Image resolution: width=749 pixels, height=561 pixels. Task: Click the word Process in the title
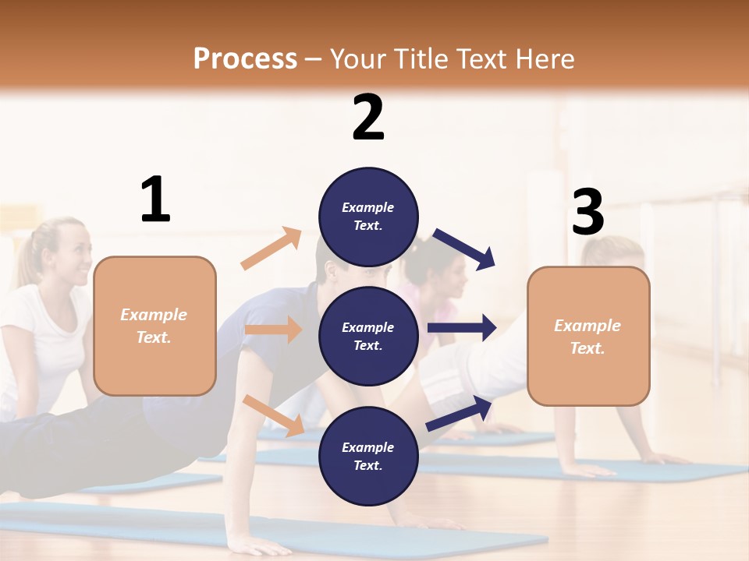tap(245, 58)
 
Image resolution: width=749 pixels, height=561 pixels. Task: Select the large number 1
tap(155, 200)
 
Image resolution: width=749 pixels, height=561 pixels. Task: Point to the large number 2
tap(368, 118)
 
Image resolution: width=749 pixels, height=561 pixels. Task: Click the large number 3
tap(587, 213)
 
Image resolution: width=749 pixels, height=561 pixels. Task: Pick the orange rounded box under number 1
tap(154, 326)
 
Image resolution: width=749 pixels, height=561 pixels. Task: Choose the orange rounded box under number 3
tap(588, 337)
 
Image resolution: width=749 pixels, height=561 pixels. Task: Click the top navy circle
tap(368, 217)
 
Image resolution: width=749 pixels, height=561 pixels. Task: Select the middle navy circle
tap(368, 337)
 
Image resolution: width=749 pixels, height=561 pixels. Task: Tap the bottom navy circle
tap(368, 457)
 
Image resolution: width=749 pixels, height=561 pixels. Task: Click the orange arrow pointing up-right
tap(271, 249)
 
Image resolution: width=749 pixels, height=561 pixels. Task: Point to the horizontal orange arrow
tap(273, 330)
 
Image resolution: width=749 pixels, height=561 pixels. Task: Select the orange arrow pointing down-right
tap(273, 415)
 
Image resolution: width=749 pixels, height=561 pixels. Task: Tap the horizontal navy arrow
tap(461, 328)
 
